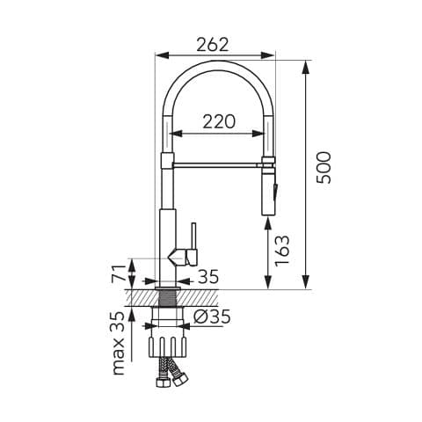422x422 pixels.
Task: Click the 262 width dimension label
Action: coord(213,45)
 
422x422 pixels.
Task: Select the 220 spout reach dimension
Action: coord(219,122)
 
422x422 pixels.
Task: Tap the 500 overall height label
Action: coord(324,168)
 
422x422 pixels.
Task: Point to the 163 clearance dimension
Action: coord(282,251)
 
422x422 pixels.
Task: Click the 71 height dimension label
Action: coord(118,273)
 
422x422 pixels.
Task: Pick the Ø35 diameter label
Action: coord(212,316)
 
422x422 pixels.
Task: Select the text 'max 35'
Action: coord(119,344)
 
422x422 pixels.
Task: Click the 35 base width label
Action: coord(208,276)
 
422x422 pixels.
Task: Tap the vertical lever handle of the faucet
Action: coord(193,236)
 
